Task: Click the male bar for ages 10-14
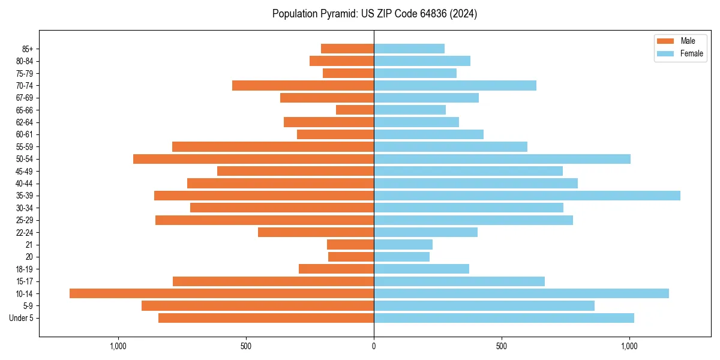(x=221, y=293)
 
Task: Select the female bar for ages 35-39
(x=527, y=196)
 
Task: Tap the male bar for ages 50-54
(x=253, y=159)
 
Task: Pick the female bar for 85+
(x=409, y=49)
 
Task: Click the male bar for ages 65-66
(x=355, y=110)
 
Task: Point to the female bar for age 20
(x=401, y=257)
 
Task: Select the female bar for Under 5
(x=504, y=318)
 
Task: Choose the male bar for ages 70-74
(x=303, y=85)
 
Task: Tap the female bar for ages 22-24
(x=425, y=232)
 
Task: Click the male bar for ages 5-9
(x=257, y=306)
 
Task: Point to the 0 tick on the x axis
(x=374, y=346)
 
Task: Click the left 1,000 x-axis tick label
(x=118, y=346)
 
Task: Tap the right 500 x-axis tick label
(x=502, y=346)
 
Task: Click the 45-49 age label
(x=23, y=171)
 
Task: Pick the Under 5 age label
(x=21, y=318)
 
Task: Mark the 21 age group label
(x=29, y=245)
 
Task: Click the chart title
(x=374, y=14)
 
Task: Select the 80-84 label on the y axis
(x=23, y=61)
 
